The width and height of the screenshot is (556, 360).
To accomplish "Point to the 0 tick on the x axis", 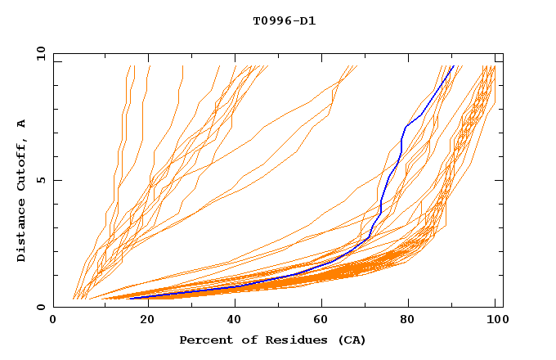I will tap(53, 322).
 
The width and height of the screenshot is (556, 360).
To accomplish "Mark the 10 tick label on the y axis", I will tap(40, 53).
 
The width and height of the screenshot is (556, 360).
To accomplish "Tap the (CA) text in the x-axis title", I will tap(349, 340).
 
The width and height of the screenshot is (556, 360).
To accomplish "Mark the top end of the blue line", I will tap(452, 66).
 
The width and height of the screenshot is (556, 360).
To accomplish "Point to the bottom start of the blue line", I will tap(131, 298).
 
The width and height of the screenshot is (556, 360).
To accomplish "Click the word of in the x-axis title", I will tap(245, 340).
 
